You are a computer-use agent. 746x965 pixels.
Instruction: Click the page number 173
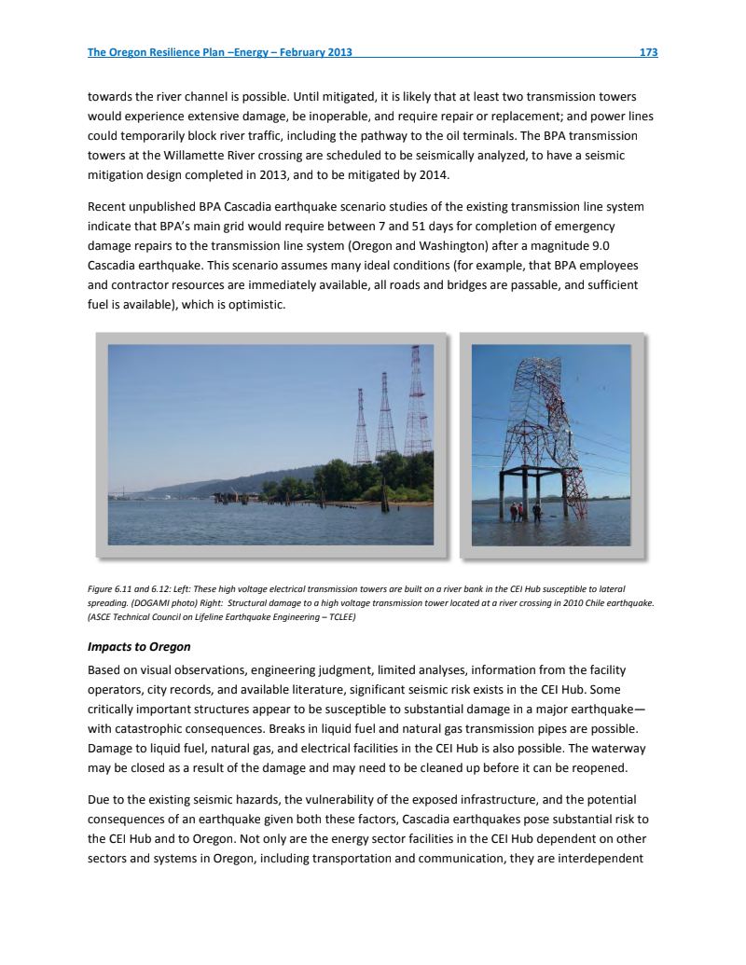click(648, 52)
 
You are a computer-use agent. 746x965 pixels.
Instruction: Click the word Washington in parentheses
click(469, 245)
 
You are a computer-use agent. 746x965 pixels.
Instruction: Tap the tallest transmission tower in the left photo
click(416, 401)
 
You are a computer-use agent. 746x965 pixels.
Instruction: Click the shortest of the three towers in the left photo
click(362, 429)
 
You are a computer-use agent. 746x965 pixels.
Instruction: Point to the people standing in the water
click(524, 511)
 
